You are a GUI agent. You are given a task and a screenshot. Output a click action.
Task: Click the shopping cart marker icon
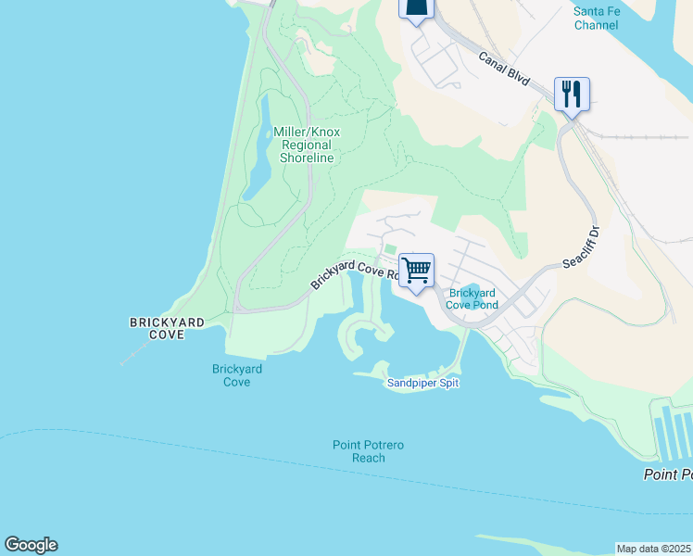click(417, 271)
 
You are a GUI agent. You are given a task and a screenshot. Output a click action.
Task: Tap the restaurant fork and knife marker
click(572, 94)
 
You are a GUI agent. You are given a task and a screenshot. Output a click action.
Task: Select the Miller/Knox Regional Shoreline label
click(307, 145)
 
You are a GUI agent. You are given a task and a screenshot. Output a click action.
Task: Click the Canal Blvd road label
click(504, 69)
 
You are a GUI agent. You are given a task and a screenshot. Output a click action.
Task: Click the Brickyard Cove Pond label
click(472, 298)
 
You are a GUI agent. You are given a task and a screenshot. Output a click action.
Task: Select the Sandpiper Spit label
click(422, 383)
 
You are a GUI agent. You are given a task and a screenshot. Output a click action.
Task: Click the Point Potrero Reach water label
click(369, 451)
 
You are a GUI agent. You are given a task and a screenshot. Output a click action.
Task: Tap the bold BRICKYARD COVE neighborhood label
click(166, 327)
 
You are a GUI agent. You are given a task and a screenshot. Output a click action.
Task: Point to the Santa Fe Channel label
click(596, 18)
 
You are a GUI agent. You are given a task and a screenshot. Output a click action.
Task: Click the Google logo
click(31, 545)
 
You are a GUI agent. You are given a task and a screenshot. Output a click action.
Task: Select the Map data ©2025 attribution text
click(653, 549)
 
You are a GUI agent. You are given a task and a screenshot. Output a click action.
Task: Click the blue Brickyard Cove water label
click(237, 375)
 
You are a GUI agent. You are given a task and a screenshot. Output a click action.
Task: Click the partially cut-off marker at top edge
click(416, 8)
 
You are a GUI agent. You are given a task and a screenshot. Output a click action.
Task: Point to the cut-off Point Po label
click(668, 474)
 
